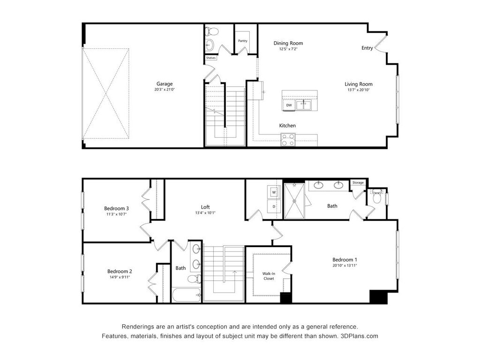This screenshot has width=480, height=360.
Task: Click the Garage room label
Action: coord(165,84)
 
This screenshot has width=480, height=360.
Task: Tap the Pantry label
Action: coord(242,41)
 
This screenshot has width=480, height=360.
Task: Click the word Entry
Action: coord(367,48)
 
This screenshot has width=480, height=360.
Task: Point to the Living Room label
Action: coord(359,84)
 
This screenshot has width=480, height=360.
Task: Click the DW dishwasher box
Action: coord(289,105)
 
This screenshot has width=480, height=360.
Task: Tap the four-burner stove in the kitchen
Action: coord(288,140)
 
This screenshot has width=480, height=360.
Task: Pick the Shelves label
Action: coord(211,58)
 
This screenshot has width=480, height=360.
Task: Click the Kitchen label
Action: coord(287,126)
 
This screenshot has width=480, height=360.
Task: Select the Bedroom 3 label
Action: coord(116,208)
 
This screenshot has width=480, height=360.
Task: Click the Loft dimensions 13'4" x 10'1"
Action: coord(205,213)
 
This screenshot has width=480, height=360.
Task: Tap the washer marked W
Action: coord(274,192)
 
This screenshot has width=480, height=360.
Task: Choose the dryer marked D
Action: coord(274,206)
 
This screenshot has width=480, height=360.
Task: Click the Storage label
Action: coord(358,182)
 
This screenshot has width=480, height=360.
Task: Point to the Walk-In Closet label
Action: coord(268,276)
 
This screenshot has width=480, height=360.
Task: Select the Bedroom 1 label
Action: coord(345,260)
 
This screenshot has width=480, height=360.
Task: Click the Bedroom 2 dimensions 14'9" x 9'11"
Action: coord(119,277)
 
